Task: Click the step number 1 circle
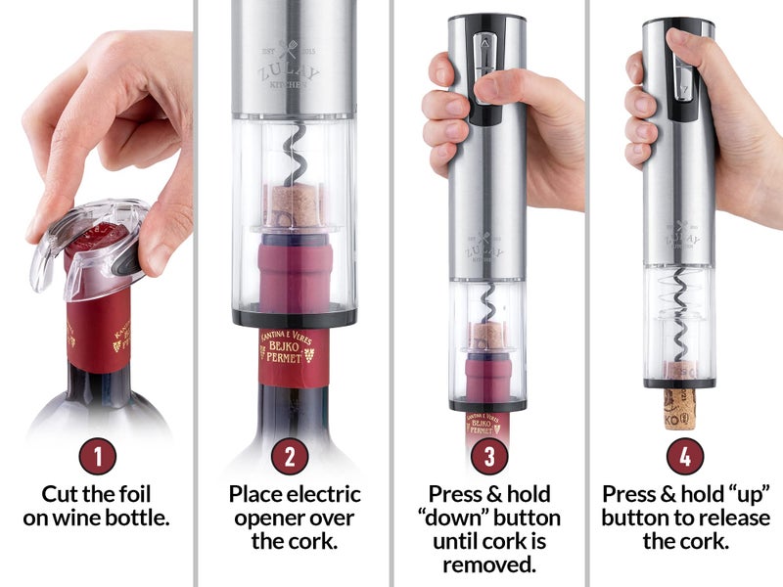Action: coord(98,455)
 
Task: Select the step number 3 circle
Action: coord(488,455)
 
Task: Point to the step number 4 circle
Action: coord(685,455)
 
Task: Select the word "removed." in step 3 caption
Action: coord(488,564)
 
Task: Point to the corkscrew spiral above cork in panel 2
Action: coord(293,157)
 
